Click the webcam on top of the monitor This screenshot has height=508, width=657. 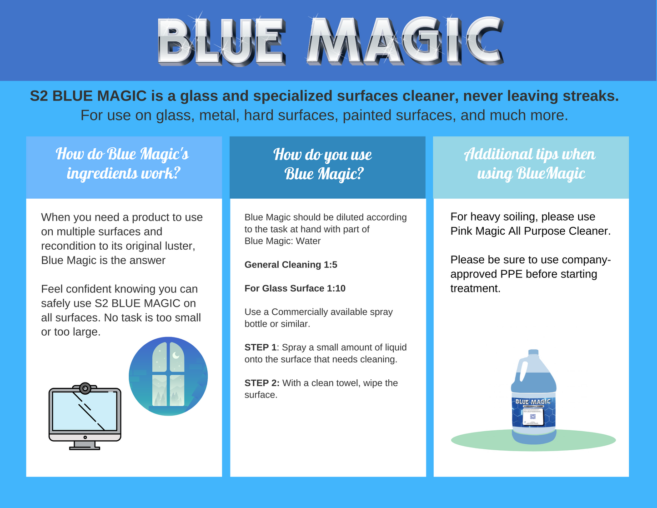click(85, 388)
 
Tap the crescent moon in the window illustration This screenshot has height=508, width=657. click(176, 355)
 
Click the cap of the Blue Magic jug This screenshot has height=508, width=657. click(533, 352)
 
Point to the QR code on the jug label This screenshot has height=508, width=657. click(533, 417)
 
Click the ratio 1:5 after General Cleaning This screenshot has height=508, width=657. click(330, 265)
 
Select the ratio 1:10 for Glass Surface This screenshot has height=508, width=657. click(336, 288)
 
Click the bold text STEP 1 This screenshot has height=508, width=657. click(261, 347)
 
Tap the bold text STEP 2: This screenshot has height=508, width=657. click(262, 383)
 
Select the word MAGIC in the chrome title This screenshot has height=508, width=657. click(405, 41)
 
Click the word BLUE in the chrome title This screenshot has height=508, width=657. click(221, 41)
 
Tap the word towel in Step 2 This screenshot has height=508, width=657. click(346, 383)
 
